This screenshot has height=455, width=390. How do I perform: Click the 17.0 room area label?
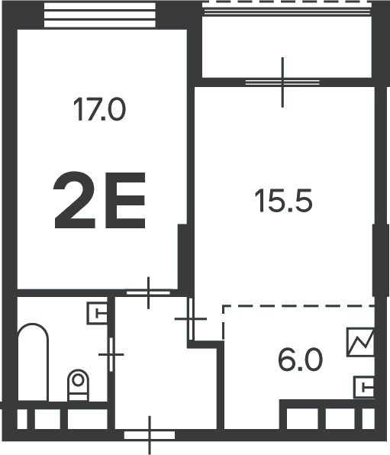point(99,109)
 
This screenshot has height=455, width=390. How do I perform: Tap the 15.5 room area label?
point(283,201)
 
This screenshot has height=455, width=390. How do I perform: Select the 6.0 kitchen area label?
point(300,360)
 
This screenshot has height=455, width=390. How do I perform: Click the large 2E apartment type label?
point(99,200)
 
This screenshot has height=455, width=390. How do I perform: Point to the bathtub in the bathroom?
point(33,362)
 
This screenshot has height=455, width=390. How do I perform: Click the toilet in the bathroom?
point(78,386)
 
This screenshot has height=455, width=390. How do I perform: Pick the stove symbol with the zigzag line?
point(360,343)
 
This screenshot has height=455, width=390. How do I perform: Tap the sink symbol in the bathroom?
point(97,314)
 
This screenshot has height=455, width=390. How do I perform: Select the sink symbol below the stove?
point(364,387)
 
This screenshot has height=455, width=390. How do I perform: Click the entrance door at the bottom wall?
point(150,435)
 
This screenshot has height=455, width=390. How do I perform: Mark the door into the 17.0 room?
point(148,293)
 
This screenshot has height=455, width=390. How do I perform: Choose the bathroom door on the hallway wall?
point(111,354)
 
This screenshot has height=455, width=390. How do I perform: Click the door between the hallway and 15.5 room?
point(191,319)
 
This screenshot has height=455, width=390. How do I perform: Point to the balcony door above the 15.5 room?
point(282,82)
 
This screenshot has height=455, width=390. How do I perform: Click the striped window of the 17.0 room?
point(99,15)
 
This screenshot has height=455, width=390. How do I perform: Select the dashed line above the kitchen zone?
point(299,306)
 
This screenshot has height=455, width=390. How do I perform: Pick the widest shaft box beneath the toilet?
point(88,419)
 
